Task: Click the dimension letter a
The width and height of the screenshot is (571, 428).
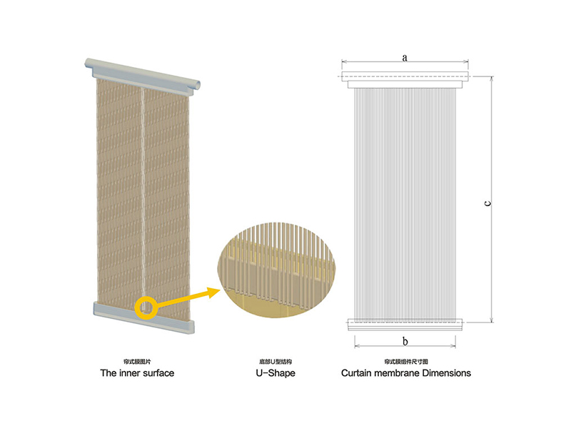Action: (x=404, y=57)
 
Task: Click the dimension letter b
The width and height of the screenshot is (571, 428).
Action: (x=405, y=341)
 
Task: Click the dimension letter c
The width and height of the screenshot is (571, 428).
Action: (x=487, y=203)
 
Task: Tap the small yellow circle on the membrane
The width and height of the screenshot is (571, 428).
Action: (x=146, y=307)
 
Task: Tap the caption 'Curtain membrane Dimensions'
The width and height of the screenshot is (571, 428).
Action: (x=405, y=373)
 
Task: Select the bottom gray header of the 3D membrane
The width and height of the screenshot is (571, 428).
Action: (x=143, y=316)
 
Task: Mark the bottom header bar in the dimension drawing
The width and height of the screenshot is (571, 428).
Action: (x=405, y=325)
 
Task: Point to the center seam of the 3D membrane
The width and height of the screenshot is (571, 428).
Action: (x=145, y=193)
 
